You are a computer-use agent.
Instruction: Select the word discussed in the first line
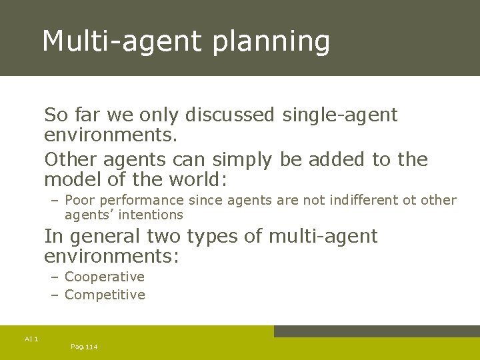click(x=229, y=115)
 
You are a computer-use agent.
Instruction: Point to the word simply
click(x=238, y=161)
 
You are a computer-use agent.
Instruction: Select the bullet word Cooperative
click(x=105, y=277)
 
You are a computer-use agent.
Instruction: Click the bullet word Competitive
click(x=105, y=295)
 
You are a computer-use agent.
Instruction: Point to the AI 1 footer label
click(x=31, y=339)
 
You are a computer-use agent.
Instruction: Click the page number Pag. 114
click(x=84, y=347)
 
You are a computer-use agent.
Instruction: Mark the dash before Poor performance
click(x=54, y=200)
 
